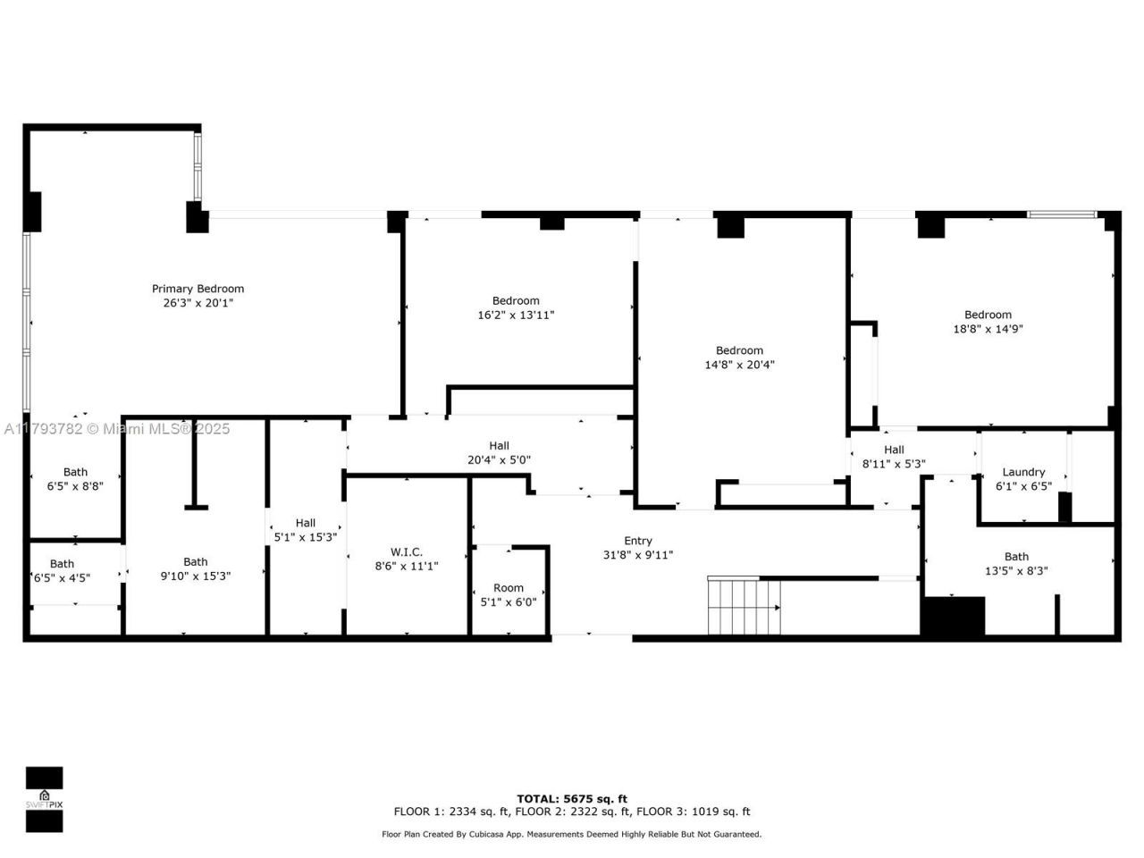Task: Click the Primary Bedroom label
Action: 198,289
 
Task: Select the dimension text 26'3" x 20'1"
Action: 198,303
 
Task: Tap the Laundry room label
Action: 1023,472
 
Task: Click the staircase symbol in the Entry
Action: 744,606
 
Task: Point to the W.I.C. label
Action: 407,551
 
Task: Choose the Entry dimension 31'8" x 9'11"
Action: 637,554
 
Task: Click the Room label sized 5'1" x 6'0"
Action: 509,587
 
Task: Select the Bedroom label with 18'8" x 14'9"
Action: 988,315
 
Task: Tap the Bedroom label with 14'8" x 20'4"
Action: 739,350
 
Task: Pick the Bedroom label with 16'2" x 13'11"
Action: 516,300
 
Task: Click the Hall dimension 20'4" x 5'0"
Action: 499,459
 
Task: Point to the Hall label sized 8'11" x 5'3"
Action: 894,450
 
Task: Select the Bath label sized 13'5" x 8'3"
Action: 1016,556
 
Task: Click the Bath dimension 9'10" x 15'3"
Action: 196,576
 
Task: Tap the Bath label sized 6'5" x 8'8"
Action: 76,472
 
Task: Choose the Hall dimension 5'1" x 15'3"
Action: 306,537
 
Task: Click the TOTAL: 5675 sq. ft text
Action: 572,798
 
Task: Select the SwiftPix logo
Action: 44,799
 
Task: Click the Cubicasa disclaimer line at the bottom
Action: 572,834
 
